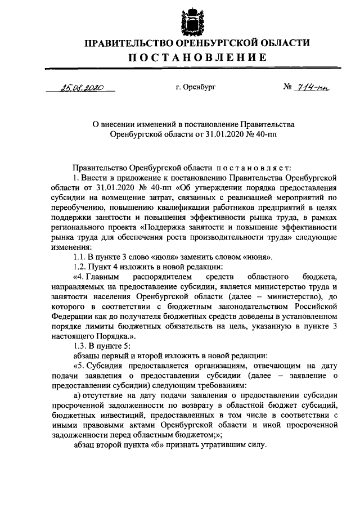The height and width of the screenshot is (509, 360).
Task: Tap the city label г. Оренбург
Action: (x=195, y=88)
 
